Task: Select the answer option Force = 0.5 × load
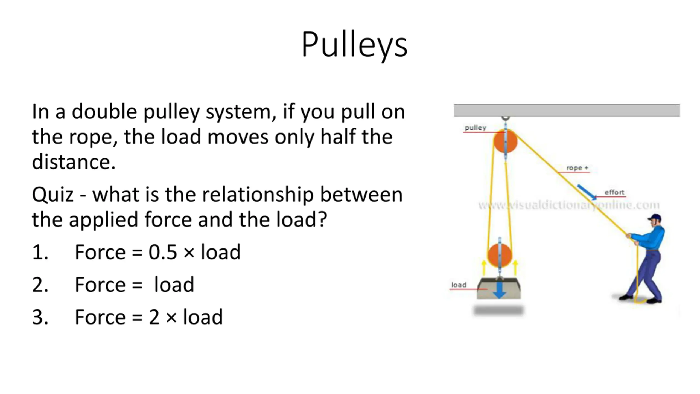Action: pos(157,252)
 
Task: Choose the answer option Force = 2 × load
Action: pos(149,317)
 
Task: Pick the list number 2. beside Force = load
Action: pos(40,285)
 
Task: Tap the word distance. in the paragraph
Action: pos(74,162)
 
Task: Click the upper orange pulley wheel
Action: pos(505,141)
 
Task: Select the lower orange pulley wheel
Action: pos(500,255)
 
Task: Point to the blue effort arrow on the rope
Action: pos(587,192)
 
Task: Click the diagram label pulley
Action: pos(476,128)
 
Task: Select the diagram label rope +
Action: pos(577,168)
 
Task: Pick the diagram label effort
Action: pos(614,193)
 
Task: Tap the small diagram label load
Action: pos(459,285)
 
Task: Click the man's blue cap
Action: pos(655,218)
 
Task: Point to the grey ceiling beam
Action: pos(567,111)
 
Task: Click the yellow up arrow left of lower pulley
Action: pos(484,268)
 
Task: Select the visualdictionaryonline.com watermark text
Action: pos(569,205)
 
